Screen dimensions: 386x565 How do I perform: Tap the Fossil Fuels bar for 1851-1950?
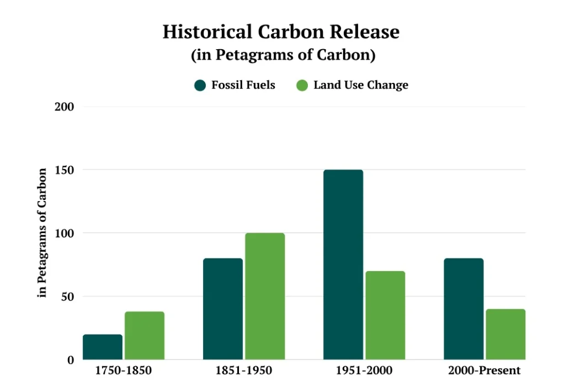[223, 309]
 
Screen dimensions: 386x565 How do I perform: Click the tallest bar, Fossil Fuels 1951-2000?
[343, 265]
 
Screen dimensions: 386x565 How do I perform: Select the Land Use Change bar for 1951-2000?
[385, 315]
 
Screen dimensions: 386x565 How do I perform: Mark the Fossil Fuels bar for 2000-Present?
[463, 309]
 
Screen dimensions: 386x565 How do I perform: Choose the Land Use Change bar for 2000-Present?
[505, 334]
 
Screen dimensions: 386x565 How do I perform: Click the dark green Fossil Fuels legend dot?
[200, 85]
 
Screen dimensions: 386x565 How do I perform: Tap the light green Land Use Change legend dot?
[302, 85]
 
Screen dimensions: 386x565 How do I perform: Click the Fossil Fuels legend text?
[243, 85]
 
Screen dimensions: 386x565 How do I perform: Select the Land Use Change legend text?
[361, 85]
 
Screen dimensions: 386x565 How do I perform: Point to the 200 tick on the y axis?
[65, 107]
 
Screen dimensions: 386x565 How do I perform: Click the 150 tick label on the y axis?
[65, 170]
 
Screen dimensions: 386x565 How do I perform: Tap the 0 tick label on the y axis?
[71, 360]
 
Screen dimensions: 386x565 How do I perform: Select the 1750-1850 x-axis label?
[124, 371]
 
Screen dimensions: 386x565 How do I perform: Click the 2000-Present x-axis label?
[484, 371]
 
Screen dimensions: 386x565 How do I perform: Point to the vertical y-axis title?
[42, 233]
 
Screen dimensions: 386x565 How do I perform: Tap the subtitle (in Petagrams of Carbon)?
[283, 55]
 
